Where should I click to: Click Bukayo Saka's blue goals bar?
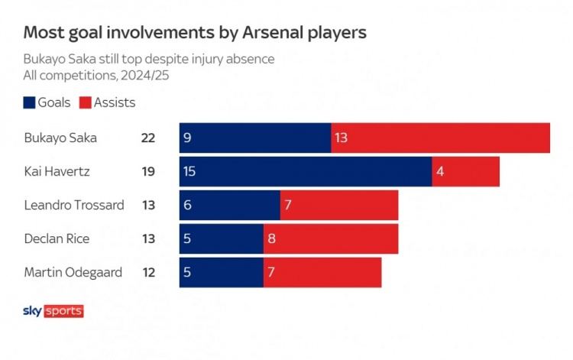pyautogui.click(x=255, y=138)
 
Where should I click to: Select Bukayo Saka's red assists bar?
pyautogui.click(x=441, y=138)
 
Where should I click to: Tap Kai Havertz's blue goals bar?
pyautogui.click(x=306, y=171)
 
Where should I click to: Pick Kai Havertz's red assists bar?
pyautogui.click(x=466, y=171)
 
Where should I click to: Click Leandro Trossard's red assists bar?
pyautogui.click(x=339, y=205)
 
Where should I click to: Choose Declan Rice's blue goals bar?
pyautogui.click(x=222, y=238)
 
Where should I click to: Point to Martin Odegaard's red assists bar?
pyautogui.click(x=322, y=272)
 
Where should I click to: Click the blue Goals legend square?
pyautogui.click(x=30, y=102)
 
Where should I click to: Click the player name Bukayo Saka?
pyautogui.click(x=60, y=138)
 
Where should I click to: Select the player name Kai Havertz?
pyautogui.click(x=57, y=172)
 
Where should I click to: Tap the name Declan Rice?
pyautogui.click(x=57, y=239)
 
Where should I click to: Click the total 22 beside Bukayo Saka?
pyautogui.click(x=148, y=138)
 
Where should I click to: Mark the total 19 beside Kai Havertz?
pyautogui.click(x=148, y=172)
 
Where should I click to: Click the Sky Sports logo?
pyautogui.click(x=53, y=311)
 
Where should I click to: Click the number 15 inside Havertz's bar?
pyautogui.click(x=189, y=172)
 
